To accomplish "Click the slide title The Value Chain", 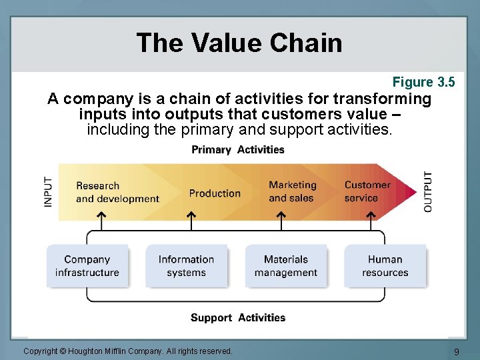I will [239, 43].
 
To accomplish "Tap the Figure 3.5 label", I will [423, 82].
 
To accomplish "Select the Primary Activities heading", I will [238, 149].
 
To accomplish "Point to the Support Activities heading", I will [238, 317].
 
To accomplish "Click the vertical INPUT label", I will [49, 191].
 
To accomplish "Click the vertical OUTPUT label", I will [428, 192].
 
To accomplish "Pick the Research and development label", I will [117, 192].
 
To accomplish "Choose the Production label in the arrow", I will [215, 193].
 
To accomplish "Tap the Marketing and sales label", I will [292, 191].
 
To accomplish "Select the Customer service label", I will [367, 191].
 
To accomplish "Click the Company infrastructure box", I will [87, 266].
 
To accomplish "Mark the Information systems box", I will [186, 266].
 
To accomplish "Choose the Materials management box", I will [286, 266].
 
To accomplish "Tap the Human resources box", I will [385, 266].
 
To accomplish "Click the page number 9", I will [456, 351].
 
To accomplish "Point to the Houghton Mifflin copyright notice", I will [128, 351].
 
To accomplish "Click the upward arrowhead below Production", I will [191, 215].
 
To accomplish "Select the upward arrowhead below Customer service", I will [371, 215].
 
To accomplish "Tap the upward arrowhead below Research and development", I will [101, 215].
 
